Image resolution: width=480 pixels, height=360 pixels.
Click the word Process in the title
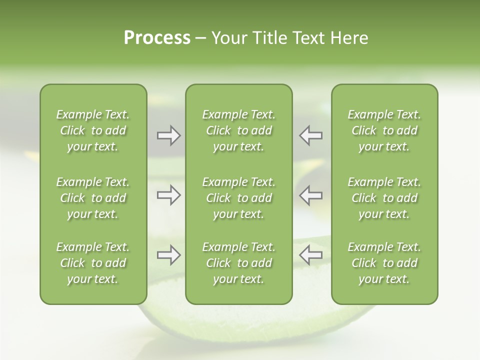coord(157,38)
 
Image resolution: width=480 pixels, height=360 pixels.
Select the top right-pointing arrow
coord(168,135)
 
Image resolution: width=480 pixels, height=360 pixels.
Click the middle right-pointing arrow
coord(168,195)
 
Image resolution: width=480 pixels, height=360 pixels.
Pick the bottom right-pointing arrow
coord(168,255)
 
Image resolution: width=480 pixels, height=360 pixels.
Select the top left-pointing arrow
coord(310,135)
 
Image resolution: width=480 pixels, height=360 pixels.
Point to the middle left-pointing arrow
coord(310,195)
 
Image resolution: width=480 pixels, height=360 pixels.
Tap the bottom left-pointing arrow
coord(310,255)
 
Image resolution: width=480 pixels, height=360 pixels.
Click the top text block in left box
coord(93,130)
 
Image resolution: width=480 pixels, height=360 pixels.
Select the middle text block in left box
coord(93,198)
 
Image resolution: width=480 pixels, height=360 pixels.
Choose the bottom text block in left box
coord(93,263)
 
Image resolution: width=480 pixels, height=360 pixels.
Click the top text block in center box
coord(239,130)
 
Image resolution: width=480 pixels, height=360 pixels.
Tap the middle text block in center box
coord(239,198)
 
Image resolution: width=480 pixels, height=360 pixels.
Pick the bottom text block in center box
coord(239,263)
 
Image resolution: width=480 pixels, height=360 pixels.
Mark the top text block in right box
coord(384,130)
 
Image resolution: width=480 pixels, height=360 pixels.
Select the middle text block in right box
coord(384,198)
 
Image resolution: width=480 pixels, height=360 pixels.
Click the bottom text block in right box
coord(384,263)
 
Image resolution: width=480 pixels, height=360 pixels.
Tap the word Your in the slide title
coord(229,38)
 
